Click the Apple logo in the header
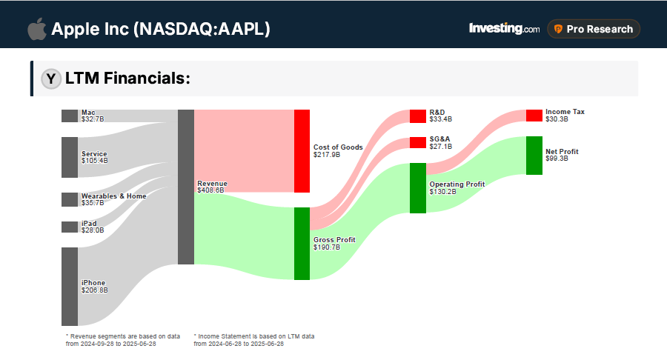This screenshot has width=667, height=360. pos(36,29)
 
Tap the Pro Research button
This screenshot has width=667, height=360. pos(593,29)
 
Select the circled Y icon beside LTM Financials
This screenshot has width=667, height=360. pos(51,79)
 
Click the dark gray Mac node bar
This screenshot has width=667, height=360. pos(70,116)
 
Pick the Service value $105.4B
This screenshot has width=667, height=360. pos(94,161)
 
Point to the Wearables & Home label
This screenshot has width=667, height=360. pos(113,196)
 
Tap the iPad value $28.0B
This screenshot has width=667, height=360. pos(93,230)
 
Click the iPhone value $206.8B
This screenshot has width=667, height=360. pos(94,290)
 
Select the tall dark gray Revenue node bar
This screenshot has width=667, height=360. pos(186,187)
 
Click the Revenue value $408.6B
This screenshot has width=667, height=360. pos(210,190)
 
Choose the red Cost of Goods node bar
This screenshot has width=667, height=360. pos(302,151)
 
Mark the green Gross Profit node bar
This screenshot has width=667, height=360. pos(302,244)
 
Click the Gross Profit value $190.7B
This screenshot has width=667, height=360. pos(326,247)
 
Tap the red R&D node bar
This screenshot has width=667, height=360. pos(418,116)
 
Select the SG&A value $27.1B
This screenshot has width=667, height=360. pos(440,147)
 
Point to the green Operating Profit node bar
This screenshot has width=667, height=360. pos(418,188)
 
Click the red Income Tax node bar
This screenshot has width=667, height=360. pos(534,116)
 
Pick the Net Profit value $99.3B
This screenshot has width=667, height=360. pos(557,159)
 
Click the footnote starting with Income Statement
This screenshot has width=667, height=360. pos(253,339)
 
